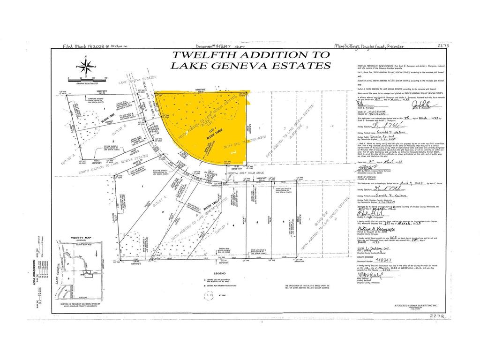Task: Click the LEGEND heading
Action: pos(206,273)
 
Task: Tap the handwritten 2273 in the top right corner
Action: pos(443,46)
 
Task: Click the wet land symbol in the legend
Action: pos(205,295)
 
